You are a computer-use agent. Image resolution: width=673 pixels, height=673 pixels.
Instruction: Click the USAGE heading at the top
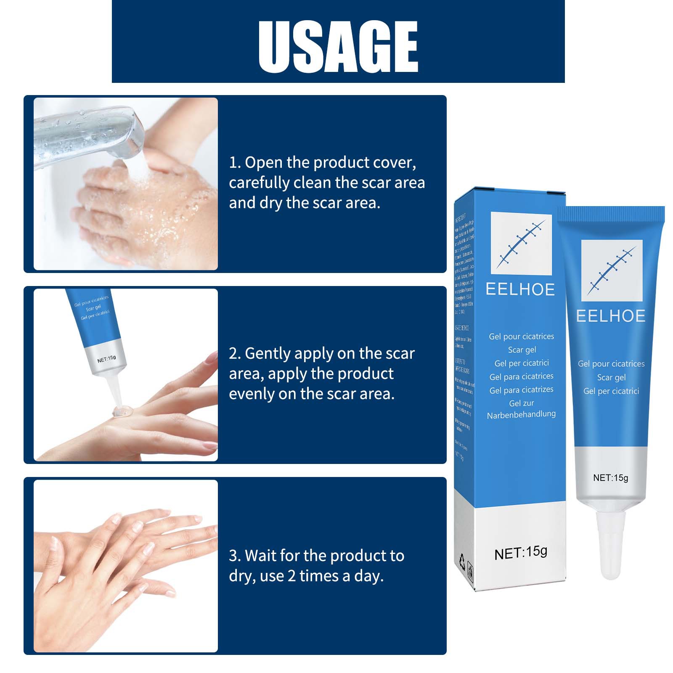pyautogui.click(x=338, y=46)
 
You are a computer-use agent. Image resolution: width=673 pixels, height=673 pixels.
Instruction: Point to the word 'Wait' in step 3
pyautogui.click(x=260, y=556)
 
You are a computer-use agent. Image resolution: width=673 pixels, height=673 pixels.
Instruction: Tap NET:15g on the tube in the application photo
pyautogui.click(x=106, y=359)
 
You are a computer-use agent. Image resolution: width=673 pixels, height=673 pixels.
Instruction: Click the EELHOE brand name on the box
pyautogui.click(x=520, y=289)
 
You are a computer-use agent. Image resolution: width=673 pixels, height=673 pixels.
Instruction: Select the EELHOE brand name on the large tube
pyautogui.click(x=610, y=316)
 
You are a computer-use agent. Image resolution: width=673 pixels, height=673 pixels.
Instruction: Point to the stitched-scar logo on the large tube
pyautogui.click(x=612, y=270)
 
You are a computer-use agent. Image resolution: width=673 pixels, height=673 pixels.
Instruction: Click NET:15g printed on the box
pyautogui.click(x=521, y=553)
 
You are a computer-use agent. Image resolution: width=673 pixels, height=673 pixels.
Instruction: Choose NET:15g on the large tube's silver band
pyautogui.click(x=610, y=478)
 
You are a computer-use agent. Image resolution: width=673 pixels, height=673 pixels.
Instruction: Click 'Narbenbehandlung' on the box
pyautogui.click(x=521, y=414)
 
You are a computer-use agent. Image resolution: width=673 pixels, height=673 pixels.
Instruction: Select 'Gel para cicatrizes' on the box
pyautogui.click(x=521, y=390)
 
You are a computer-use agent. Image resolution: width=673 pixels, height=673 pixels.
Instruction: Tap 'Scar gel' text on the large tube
pyautogui.click(x=611, y=377)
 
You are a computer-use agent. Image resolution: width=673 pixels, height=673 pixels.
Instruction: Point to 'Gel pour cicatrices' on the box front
pyautogui.click(x=521, y=336)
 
